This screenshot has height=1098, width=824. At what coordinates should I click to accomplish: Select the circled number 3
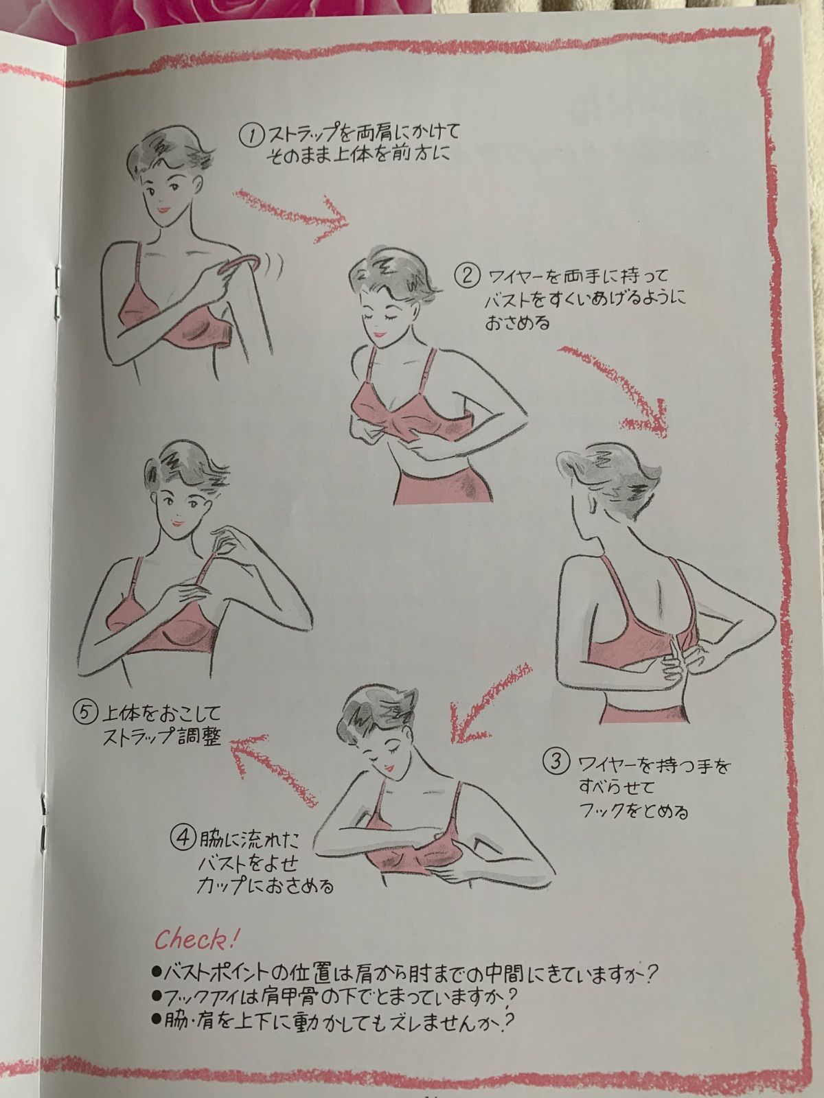[556, 763]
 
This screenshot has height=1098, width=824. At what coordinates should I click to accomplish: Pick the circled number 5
[85, 712]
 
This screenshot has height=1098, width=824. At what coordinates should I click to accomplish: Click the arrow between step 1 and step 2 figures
[293, 214]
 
